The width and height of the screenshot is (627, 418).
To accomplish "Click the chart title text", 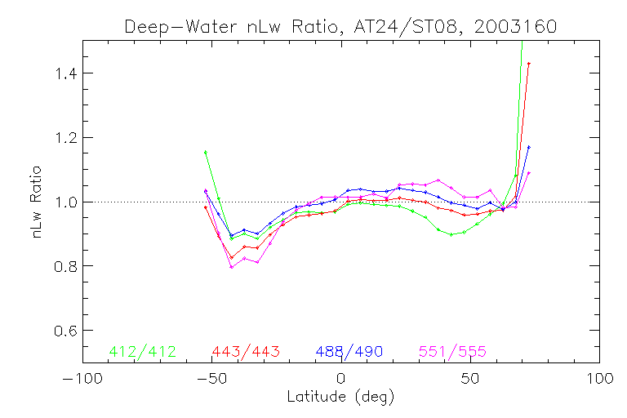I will (340, 26).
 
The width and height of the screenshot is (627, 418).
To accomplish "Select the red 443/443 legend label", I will (246, 352).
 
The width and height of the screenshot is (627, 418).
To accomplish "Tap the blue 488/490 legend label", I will (349, 352).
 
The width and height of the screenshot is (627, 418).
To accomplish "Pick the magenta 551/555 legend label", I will (453, 352).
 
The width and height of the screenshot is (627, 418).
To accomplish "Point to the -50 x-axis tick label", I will (211, 380).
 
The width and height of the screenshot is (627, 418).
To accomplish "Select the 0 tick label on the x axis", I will (341, 380).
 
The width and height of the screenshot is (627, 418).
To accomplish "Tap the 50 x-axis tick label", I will (470, 380).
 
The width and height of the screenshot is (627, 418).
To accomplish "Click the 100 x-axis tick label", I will (599, 380).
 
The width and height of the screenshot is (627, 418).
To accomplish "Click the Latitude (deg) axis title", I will (340, 398).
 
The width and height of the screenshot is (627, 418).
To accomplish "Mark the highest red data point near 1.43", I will (529, 64).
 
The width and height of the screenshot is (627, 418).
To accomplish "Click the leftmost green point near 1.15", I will (205, 152).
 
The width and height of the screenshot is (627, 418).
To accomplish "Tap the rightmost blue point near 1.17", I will (529, 147).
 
